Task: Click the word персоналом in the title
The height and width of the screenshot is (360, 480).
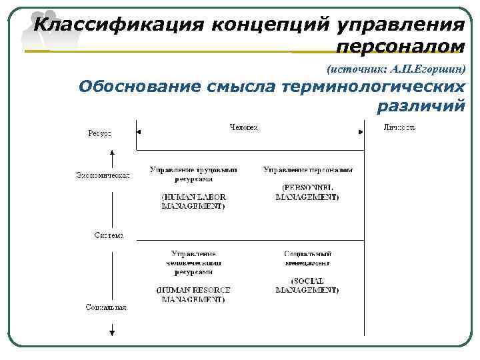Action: click(400, 47)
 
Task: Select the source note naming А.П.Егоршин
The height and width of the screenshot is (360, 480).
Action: click(396, 69)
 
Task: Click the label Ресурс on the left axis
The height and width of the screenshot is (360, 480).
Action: click(100, 133)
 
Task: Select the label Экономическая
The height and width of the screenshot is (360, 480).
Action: click(102, 175)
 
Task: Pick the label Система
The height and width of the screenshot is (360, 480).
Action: click(108, 235)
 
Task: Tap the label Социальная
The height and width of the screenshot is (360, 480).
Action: click(106, 307)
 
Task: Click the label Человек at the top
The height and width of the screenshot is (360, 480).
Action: click(243, 127)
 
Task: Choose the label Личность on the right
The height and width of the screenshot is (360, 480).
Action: click(399, 127)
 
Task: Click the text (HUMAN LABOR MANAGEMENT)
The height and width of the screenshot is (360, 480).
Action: click(193, 201)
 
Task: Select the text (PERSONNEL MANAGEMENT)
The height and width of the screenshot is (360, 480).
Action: click(307, 193)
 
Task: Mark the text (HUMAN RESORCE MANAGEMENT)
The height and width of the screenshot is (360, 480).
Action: click(193, 295)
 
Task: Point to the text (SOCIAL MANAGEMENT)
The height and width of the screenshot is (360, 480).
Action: click(307, 285)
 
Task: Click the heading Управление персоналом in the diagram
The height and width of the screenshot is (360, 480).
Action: click(307, 170)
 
